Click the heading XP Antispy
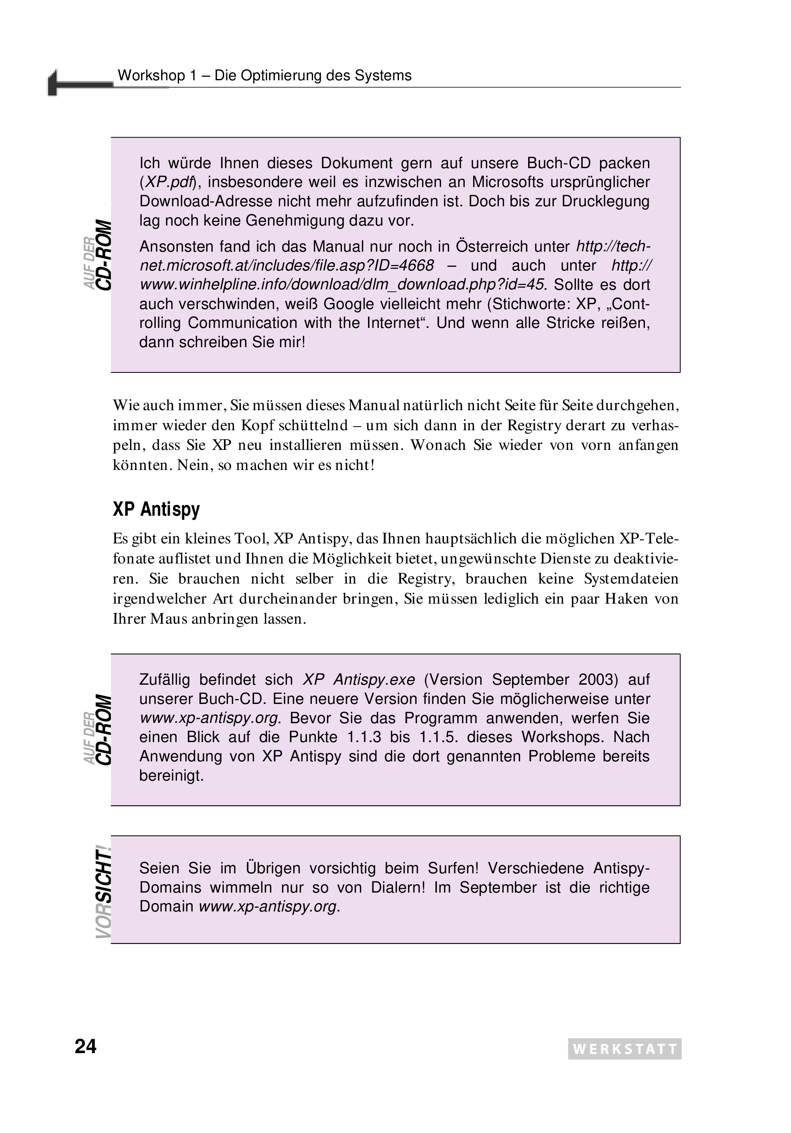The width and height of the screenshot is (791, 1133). click(x=156, y=509)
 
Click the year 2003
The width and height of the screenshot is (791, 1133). click(x=598, y=679)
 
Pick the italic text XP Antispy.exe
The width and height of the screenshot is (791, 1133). click(x=359, y=679)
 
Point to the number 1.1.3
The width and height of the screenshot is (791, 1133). click(x=364, y=737)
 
